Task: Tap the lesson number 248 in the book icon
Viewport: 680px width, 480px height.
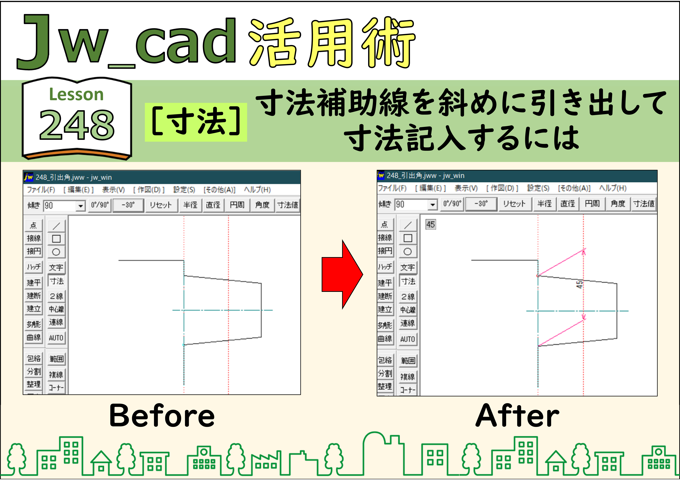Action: (77, 125)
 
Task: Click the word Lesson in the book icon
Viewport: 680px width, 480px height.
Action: (76, 95)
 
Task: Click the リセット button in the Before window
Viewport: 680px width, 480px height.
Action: (160, 205)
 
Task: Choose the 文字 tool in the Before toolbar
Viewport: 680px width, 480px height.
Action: (56, 267)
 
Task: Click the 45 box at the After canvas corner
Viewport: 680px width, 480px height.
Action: (431, 224)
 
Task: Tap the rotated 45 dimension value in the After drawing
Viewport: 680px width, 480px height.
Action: (579, 285)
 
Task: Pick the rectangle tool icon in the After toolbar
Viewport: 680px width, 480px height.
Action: (408, 238)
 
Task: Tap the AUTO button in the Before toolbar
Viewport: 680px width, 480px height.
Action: (56, 338)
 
